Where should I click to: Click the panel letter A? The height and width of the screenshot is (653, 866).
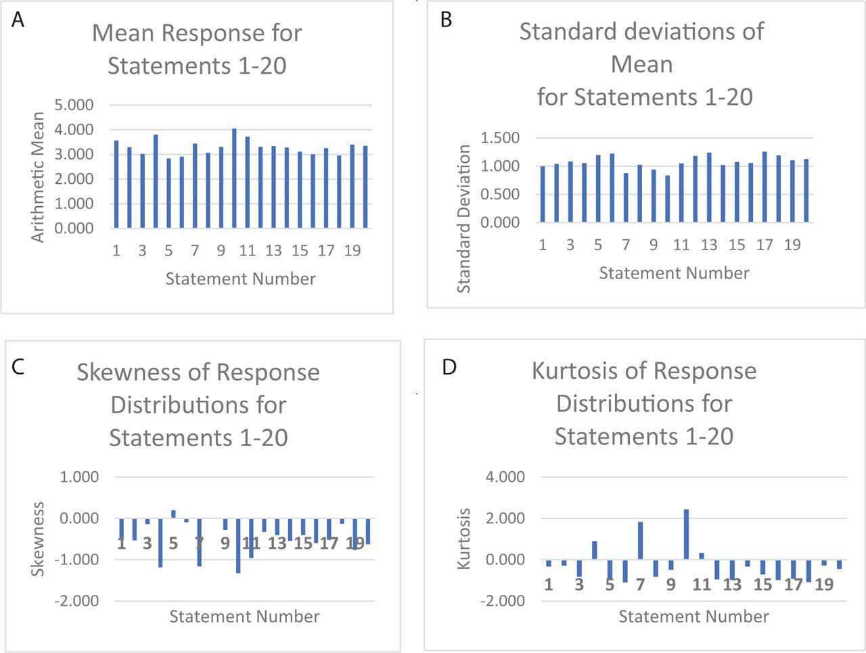click(18, 20)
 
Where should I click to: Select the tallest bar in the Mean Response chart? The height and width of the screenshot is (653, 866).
click(234, 178)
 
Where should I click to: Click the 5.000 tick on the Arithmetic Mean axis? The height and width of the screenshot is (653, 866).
click(74, 105)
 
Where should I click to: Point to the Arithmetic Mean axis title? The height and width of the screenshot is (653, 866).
click(38, 177)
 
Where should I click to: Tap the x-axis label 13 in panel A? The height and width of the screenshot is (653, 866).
click(273, 251)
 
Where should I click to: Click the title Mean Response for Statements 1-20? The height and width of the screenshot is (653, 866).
click(197, 49)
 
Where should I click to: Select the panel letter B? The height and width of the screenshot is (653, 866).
click(446, 20)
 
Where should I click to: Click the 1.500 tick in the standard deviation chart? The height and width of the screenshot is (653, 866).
click(500, 138)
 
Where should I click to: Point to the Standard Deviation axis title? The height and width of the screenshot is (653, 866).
click(463, 218)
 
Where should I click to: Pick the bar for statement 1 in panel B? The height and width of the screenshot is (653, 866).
click(543, 194)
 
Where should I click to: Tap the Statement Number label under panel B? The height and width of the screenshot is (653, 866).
click(674, 273)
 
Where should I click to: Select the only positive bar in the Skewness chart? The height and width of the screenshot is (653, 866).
click(173, 514)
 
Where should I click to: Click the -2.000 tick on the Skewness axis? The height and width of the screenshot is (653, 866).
click(80, 601)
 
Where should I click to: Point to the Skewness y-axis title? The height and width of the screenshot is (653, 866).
click(39, 539)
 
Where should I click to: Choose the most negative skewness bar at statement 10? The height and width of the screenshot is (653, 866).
click(238, 546)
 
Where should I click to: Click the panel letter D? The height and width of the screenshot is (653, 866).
click(449, 367)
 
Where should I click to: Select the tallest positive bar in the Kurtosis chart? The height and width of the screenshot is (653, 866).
click(686, 534)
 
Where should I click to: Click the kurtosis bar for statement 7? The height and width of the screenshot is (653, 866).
click(640, 541)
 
